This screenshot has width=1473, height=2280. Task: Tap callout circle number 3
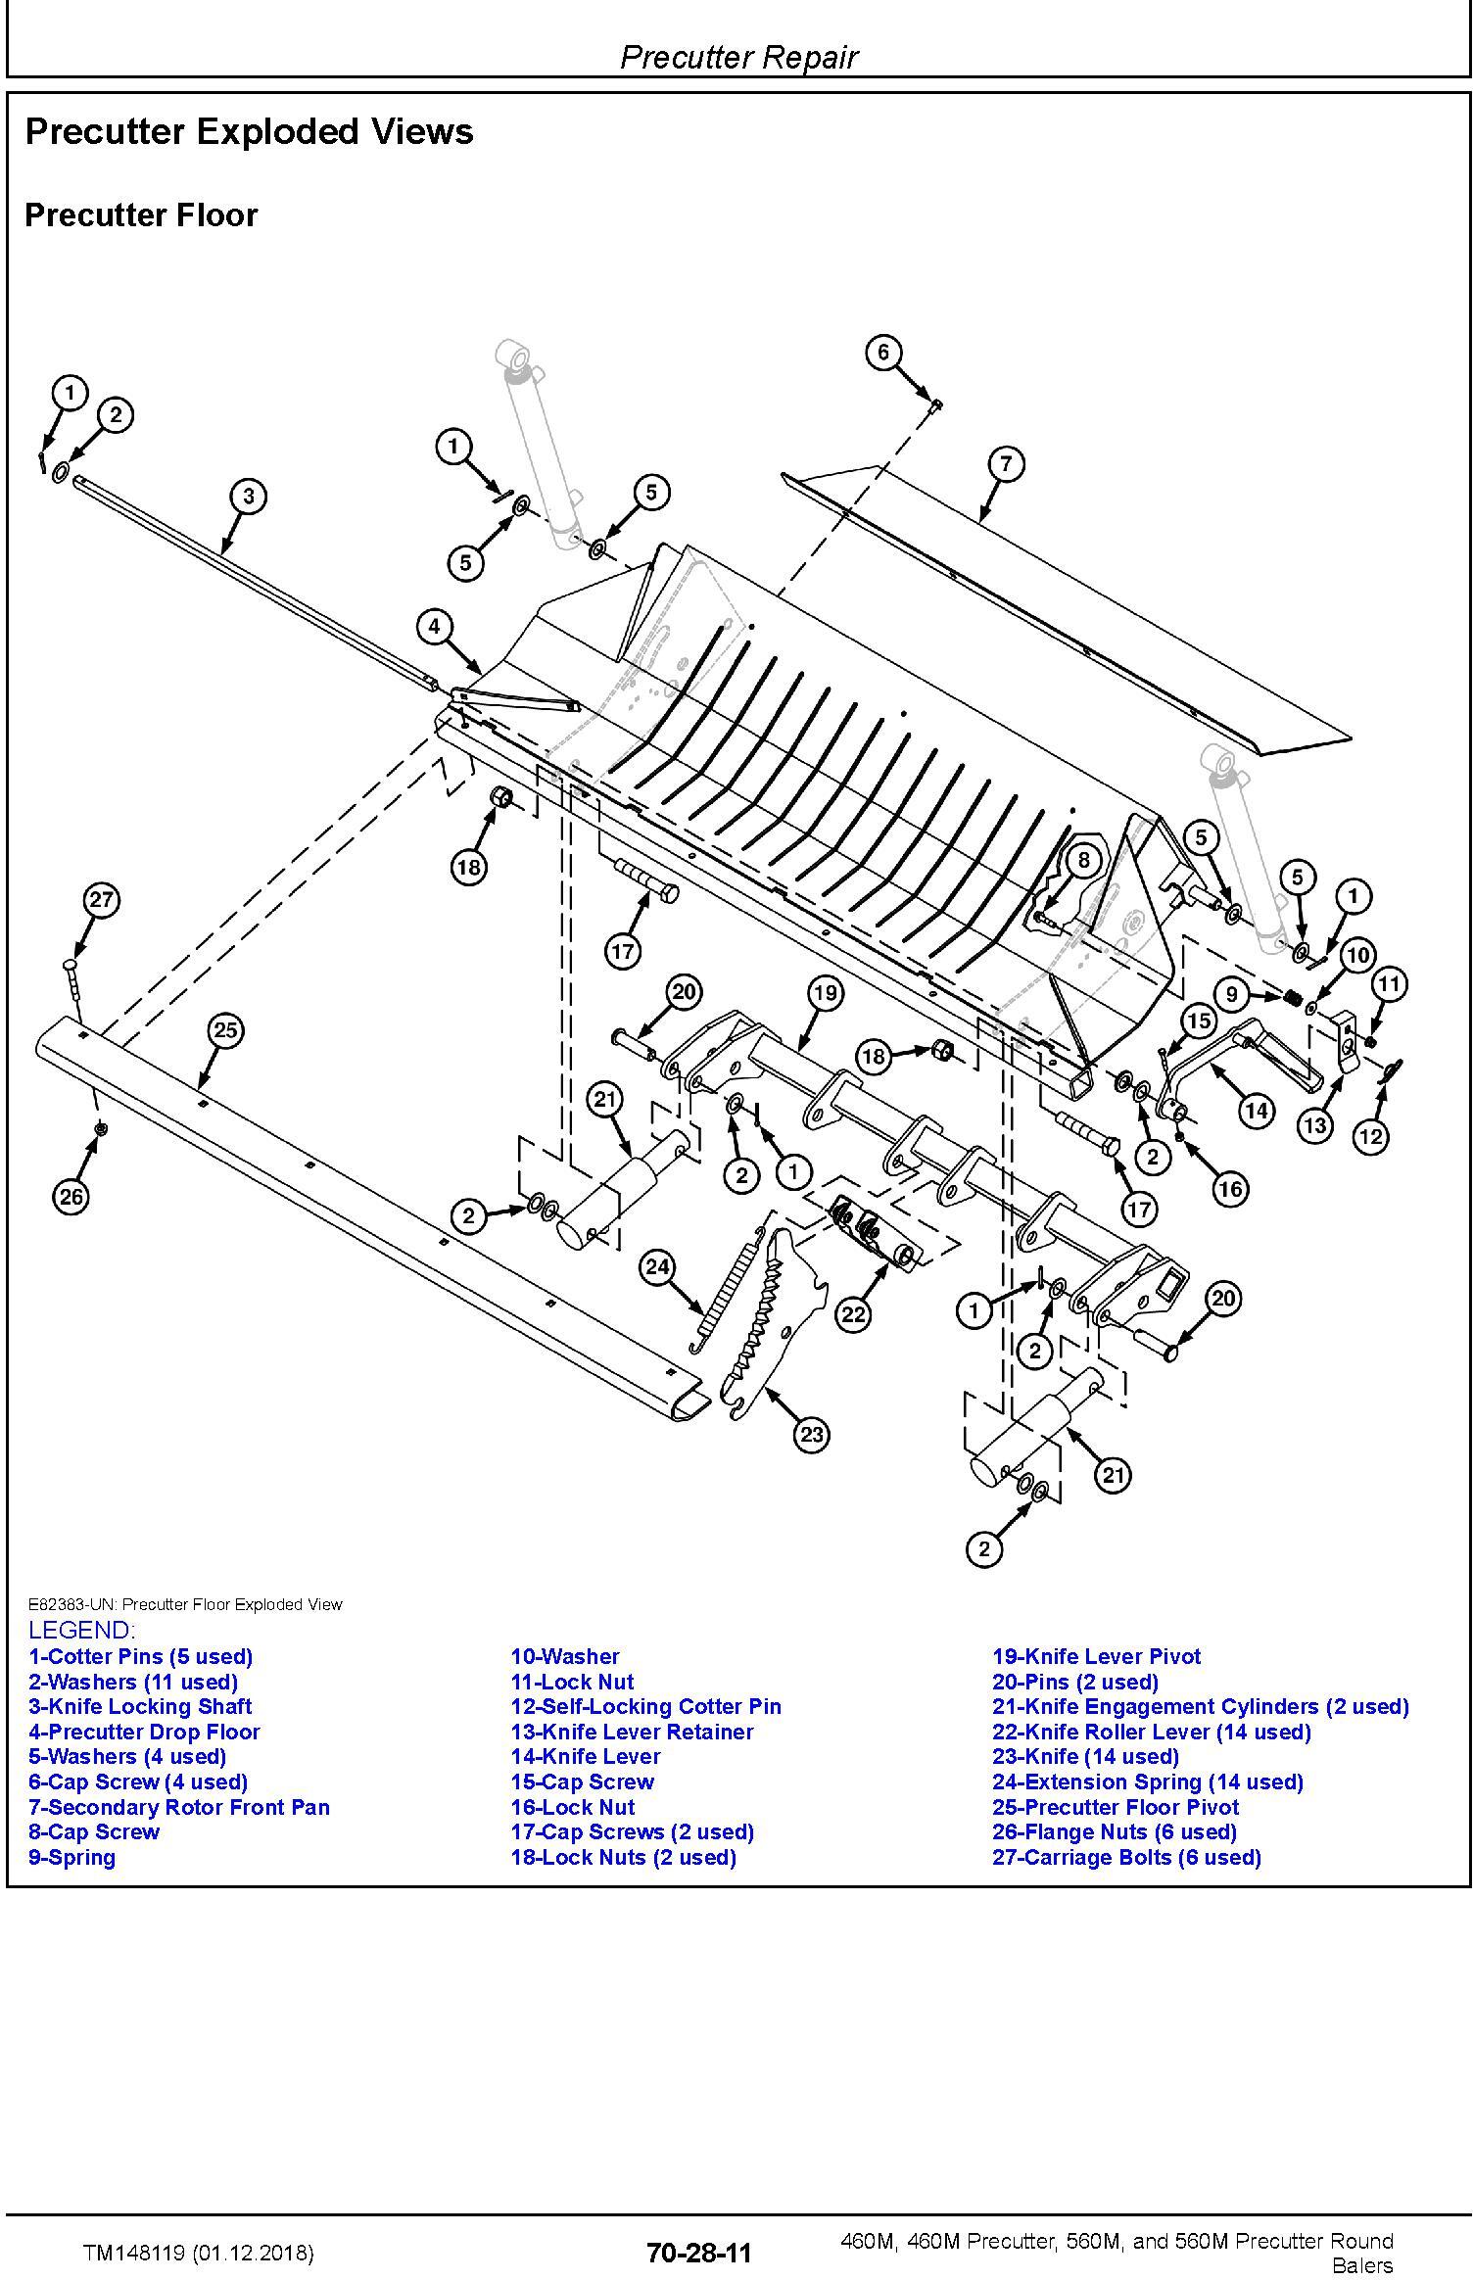coord(248,497)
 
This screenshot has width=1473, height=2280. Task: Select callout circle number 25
coord(225,1029)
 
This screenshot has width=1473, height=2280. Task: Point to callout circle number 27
coord(101,899)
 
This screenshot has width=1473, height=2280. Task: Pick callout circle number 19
coord(825,993)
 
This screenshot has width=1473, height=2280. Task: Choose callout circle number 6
coord(882,352)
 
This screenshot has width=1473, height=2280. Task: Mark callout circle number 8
coord(1082,861)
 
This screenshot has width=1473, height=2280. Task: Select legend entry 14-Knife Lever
coord(586,1756)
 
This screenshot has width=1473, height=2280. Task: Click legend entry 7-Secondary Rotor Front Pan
coord(179,1807)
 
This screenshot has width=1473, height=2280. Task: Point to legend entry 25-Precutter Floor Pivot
coord(1116,1807)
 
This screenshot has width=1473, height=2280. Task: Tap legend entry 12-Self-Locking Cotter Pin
coord(645,1706)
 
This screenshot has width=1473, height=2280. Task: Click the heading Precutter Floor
coord(141,215)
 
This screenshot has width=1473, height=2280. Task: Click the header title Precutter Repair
coord(738,57)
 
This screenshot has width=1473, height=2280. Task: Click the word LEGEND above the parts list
coord(81,1630)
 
